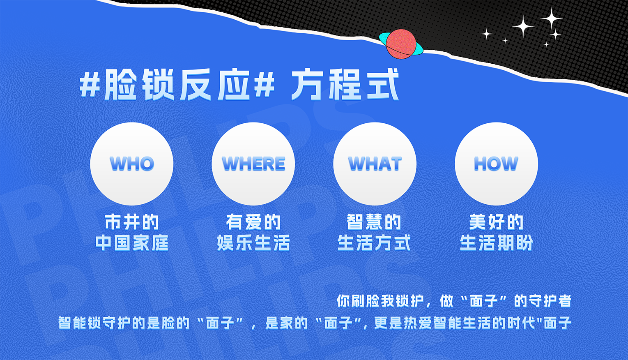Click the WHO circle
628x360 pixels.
point(131,164)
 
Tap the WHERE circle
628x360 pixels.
point(253,164)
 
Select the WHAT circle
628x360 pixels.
point(375,164)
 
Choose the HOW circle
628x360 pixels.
point(496,164)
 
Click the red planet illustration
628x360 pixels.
point(401,44)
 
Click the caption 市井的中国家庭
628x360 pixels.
point(131,232)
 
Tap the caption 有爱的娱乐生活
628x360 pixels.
point(253,232)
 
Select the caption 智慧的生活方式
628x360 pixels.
point(374,232)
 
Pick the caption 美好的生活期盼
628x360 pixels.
point(496,232)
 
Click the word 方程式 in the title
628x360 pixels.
point(345,85)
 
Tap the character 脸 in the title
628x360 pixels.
point(120,85)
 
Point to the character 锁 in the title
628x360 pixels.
point(159,85)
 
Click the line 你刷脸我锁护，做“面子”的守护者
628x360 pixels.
point(453,301)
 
